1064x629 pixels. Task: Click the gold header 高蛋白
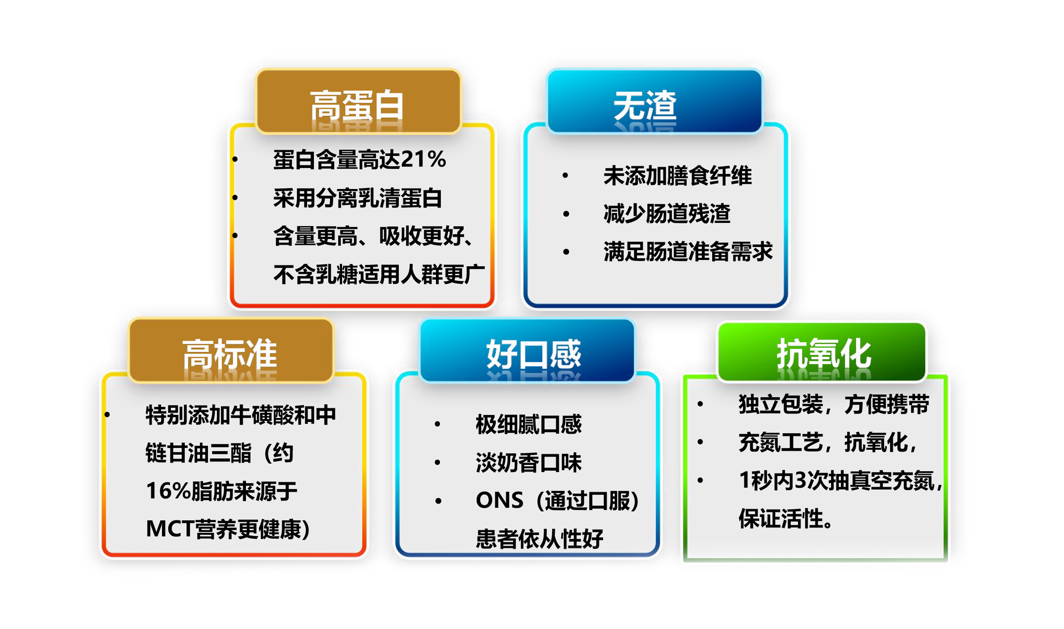pos(359,102)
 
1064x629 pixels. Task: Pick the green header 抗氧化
pos(822,352)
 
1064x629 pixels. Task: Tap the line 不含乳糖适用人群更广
pos(379,274)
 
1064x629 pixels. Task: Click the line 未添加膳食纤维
pos(678,176)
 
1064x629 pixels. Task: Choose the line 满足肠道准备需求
pos(688,251)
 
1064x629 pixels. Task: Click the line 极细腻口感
pos(529,424)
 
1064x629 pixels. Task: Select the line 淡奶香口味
pos(529,462)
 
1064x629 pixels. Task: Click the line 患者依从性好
pos(539,539)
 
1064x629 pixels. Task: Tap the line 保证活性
pos(786,518)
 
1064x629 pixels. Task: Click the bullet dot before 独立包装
pos(701,404)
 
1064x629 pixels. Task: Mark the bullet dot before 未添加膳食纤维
pos(565,176)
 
